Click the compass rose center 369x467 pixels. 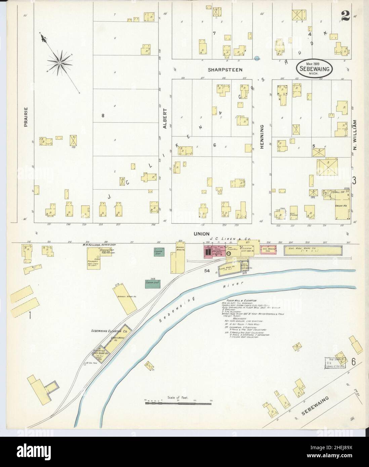pyautogui.click(x=59, y=62)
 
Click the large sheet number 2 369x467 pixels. pyautogui.click(x=345, y=15)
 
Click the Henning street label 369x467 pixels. pyautogui.click(x=262, y=136)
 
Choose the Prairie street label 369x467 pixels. pyautogui.click(x=26, y=117)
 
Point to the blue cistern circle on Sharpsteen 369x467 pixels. pyautogui.click(x=257, y=58)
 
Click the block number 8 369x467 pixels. pyautogui.click(x=103, y=116)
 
